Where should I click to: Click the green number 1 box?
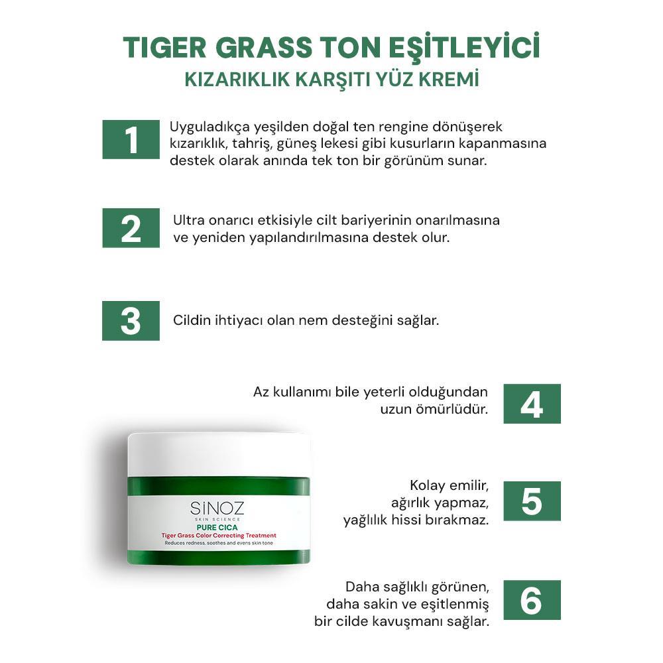[x=131, y=139]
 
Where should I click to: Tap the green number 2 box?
[x=131, y=227]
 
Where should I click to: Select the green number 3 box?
[x=131, y=320]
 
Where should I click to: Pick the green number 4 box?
[x=532, y=403]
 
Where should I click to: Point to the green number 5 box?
[x=532, y=501]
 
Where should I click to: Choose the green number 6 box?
[x=532, y=600]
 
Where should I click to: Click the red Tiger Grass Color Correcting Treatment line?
[x=219, y=536]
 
